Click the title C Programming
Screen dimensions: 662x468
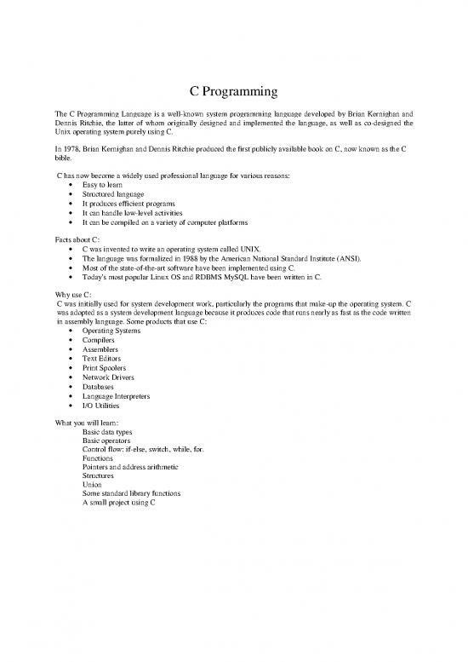234,91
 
